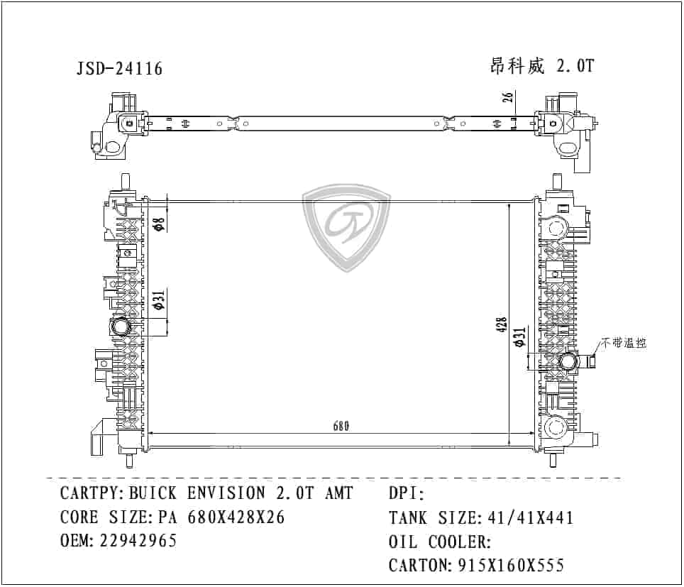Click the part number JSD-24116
tap(119, 69)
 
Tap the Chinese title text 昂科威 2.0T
tap(541, 67)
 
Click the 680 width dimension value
tap(341, 427)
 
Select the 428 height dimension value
tap(502, 324)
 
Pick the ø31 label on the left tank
tap(160, 301)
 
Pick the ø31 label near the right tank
tap(520, 338)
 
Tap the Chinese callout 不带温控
tap(624, 343)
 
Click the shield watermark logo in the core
tap(347, 227)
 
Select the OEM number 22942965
tap(138, 541)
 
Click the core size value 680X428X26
tap(236, 517)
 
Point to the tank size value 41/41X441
tap(529, 518)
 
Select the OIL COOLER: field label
tap(440, 542)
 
